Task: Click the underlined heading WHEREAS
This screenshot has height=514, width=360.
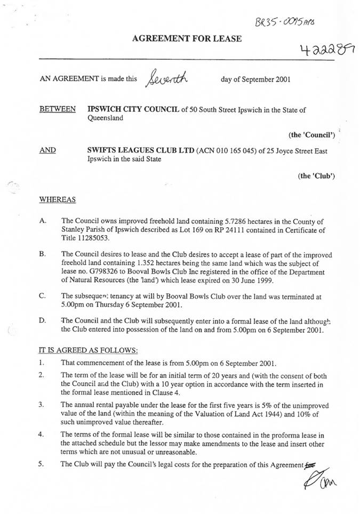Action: click(58, 199)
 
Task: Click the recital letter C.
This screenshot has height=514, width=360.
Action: click(43, 295)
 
